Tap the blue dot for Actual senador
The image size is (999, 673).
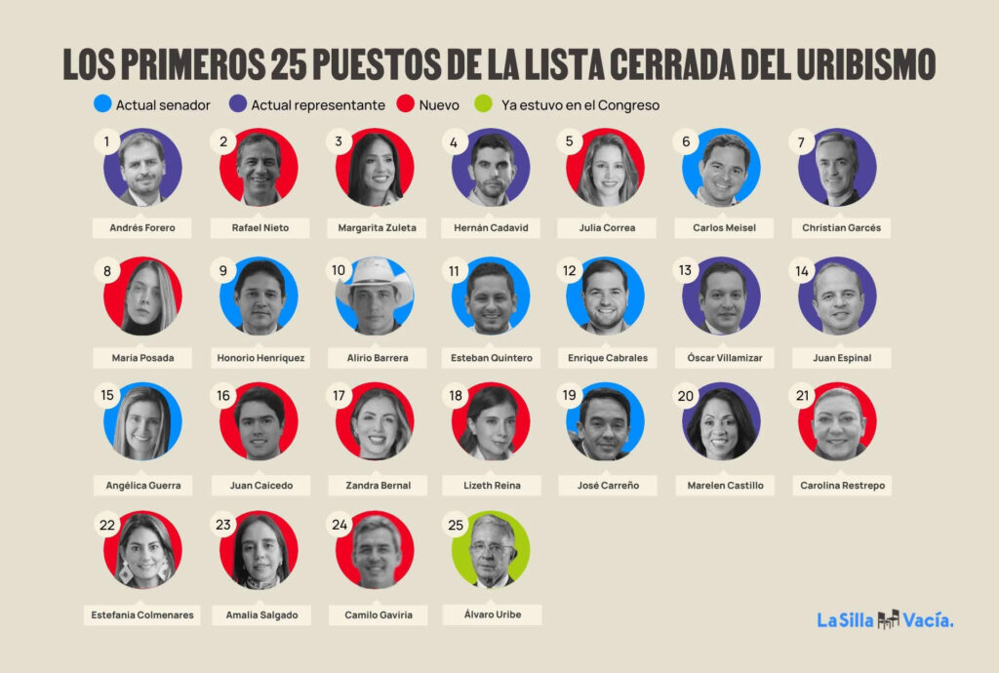pyautogui.click(x=100, y=104)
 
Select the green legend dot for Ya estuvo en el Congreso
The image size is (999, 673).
pyautogui.click(x=481, y=104)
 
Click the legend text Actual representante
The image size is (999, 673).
pyautogui.click(x=318, y=104)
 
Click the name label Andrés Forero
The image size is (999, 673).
pyautogui.click(x=141, y=228)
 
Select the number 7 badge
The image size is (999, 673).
pyautogui.click(x=801, y=142)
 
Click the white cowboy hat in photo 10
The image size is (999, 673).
pyautogui.click(x=374, y=274)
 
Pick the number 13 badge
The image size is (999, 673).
pyautogui.click(x=686, y=271)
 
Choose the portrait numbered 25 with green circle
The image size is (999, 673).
pyautogui.click(x=492, y=550)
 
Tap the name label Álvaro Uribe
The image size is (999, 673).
pyautogui.click(x=491, y=614)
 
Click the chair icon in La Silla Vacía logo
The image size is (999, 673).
pyautogui.click(x=888, y=619)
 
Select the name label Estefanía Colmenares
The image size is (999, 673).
pyautogui.click(x=142, y=614)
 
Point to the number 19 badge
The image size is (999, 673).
pyautogui.click(x=570, y=396)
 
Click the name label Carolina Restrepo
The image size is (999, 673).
pyautogui.click(x=842, y=485)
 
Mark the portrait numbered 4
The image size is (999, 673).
pyautogui.click(x=491, y=168)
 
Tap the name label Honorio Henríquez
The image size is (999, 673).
pyautogui.click(x=260, y=358)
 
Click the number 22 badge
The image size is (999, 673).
pyautogui.click(x=107, y=525)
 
